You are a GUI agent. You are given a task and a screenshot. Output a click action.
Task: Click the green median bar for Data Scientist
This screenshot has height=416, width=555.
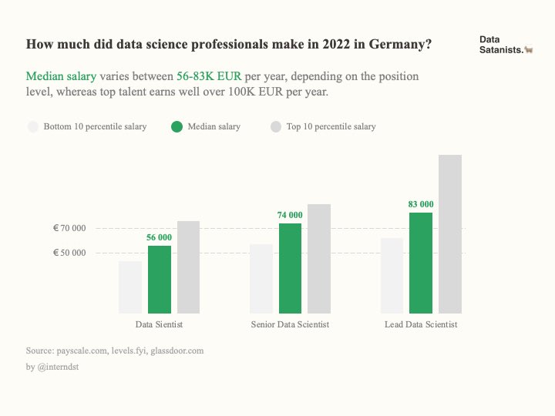160,279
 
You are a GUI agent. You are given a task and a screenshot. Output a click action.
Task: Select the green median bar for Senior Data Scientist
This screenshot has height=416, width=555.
290,268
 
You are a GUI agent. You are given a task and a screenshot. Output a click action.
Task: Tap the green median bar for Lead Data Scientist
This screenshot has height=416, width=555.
421,263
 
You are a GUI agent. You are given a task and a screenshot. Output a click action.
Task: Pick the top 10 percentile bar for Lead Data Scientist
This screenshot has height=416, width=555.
450,234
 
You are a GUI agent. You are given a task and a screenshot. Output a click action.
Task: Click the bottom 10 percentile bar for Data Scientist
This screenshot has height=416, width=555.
130,287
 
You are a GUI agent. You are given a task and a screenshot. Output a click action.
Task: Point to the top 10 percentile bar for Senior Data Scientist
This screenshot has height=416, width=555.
319,258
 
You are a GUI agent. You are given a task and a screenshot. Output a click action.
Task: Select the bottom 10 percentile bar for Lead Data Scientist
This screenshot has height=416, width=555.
392,275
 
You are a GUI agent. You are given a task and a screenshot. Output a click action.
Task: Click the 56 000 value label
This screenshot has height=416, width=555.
160,237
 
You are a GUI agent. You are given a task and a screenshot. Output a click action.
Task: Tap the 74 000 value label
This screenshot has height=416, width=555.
290,214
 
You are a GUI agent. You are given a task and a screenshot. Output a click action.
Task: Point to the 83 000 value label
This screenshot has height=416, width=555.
421,204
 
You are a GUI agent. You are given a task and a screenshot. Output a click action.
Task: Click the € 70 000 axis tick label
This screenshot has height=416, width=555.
69,229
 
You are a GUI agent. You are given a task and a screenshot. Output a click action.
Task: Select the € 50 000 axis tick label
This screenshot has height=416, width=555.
69,253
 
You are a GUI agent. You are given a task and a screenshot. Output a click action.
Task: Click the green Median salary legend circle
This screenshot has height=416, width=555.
177,126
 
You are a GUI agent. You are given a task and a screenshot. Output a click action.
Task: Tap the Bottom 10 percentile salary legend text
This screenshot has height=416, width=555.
95,126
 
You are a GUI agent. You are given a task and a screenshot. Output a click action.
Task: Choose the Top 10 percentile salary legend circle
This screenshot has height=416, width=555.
276,126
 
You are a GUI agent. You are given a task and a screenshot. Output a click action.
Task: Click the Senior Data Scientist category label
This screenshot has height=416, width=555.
290,325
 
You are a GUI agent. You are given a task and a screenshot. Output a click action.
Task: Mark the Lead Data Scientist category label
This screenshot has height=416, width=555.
421,325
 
